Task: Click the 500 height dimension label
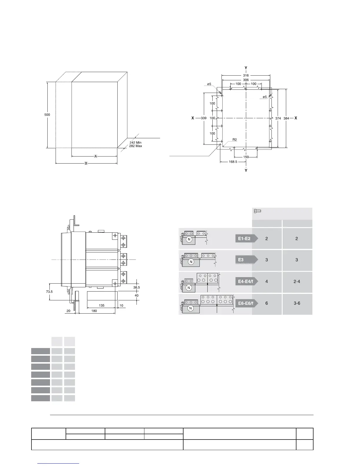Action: tap(47, 115)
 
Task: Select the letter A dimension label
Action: tap(96, 156)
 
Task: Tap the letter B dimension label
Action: tap(86, 163)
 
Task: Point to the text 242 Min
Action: tap(136, 142)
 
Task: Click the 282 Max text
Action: tap(136, 146)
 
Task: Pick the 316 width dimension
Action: tap(246, 76)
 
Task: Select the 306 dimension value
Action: tap(246, 80)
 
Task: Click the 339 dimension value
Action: tap(204, 118)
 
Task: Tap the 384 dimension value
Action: tap(286, 118)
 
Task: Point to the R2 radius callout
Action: tap(235, 140)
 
